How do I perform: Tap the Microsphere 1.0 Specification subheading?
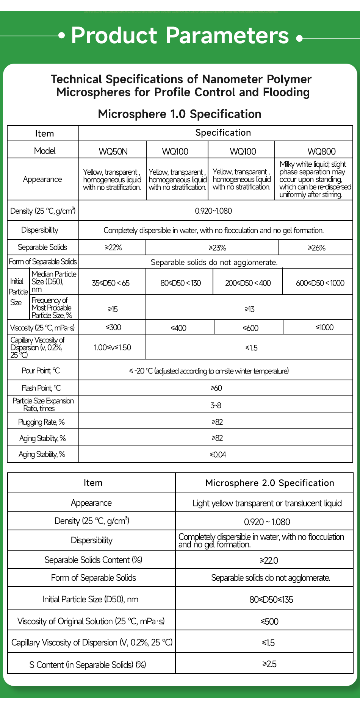(x=180, y=114)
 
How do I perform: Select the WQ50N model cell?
(x=113, y=152)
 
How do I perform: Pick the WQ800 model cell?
(x=321, y=152)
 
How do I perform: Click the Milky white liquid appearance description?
(x=314, y=179)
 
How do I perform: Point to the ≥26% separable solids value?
(x=316, y=248)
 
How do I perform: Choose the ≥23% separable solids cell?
(x=217, y=248)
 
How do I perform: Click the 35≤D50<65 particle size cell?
(x=111, y=283)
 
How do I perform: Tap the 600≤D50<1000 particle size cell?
(x=320, y=283)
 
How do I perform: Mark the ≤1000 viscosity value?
(x=324, y=327)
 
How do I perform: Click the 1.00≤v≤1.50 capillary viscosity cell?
(x=113, y=347)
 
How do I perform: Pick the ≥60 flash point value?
(x=216, y=388)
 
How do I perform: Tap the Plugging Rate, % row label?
(x=41, y=422)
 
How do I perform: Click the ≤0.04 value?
(x=218, y=455)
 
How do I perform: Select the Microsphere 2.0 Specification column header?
(x=269, y=483)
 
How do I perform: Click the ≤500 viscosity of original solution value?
(x=269, y=622)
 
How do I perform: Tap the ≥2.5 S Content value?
(x=269, y=664)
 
